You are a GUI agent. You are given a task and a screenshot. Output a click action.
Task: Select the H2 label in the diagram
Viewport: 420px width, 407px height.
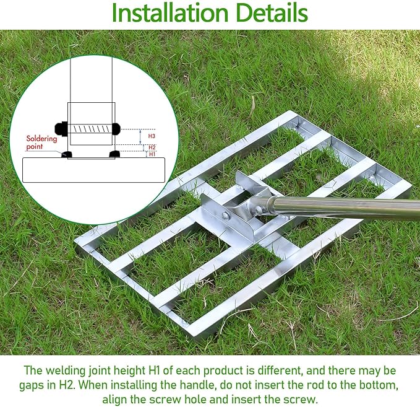(x=152, y=147)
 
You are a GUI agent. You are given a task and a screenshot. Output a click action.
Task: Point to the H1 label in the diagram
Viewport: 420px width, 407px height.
(x=152, y=154)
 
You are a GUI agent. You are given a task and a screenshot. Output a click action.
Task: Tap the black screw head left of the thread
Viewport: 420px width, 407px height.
(x=61, y=128)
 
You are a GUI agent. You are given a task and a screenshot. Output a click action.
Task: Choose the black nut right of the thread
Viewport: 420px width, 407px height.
(x=116, y=128)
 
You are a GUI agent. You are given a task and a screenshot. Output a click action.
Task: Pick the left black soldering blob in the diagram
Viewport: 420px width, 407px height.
(x=66, y=153)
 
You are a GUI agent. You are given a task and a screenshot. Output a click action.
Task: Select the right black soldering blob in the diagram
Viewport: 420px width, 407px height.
(x=114, y=153)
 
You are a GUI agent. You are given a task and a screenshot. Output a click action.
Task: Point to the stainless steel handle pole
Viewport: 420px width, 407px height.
(x=346, y=208)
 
